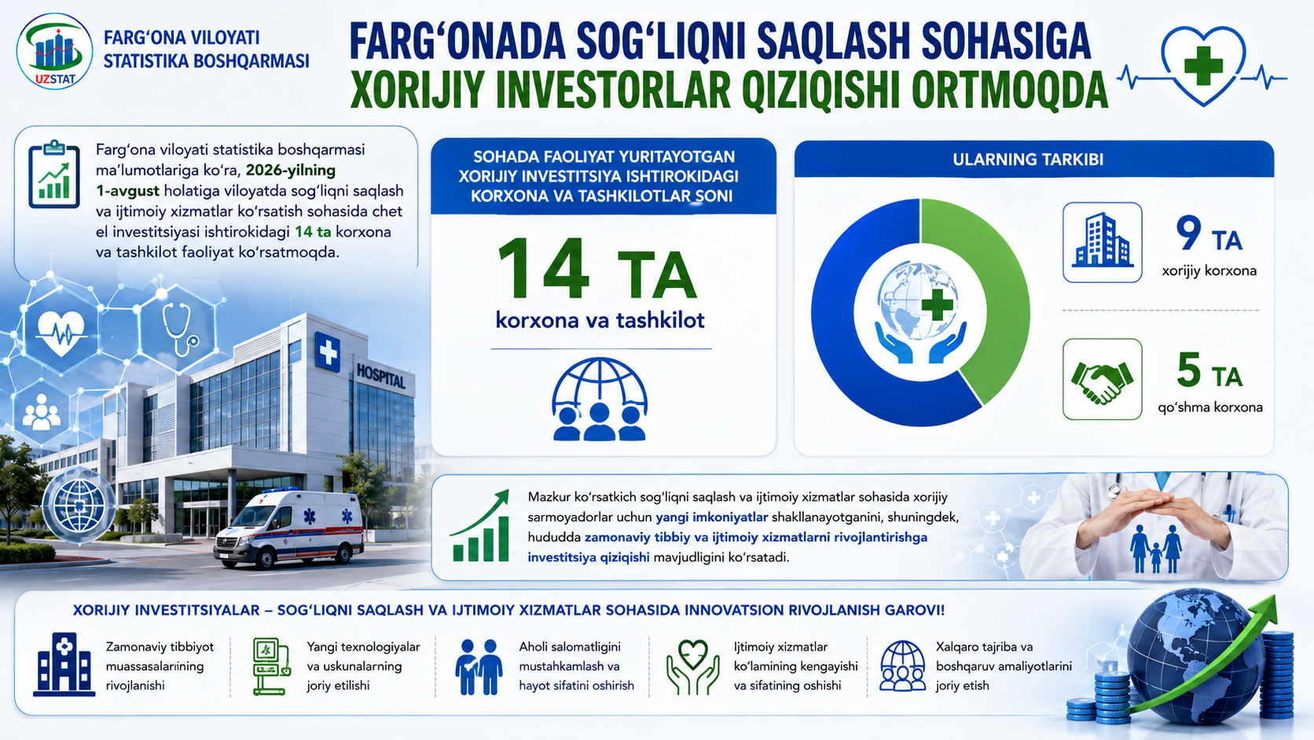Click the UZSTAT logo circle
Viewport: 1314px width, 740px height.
pos(54,52)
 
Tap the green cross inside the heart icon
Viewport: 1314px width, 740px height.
pos(1203,66)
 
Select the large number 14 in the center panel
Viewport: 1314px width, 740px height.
pos(543,270)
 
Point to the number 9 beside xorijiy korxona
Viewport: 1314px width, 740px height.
pos(1188,234)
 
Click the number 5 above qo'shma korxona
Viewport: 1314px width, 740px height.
pos(1189,370)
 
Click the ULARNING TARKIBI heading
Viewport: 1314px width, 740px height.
pos(1028,160)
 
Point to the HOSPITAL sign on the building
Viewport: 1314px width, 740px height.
pos(380,376)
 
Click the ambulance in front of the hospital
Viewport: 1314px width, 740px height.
pos(288,528)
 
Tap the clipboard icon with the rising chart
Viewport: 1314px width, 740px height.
pos(54,175)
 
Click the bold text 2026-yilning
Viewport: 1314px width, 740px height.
pos(290,171)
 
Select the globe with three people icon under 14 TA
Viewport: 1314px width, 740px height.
pos(600,399)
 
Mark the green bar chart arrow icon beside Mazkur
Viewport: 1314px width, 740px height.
pos(480,527)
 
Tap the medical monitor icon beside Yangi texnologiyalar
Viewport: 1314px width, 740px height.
pos(272,667)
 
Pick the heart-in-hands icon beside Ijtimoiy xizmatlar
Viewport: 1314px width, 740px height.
pos(693,667)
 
